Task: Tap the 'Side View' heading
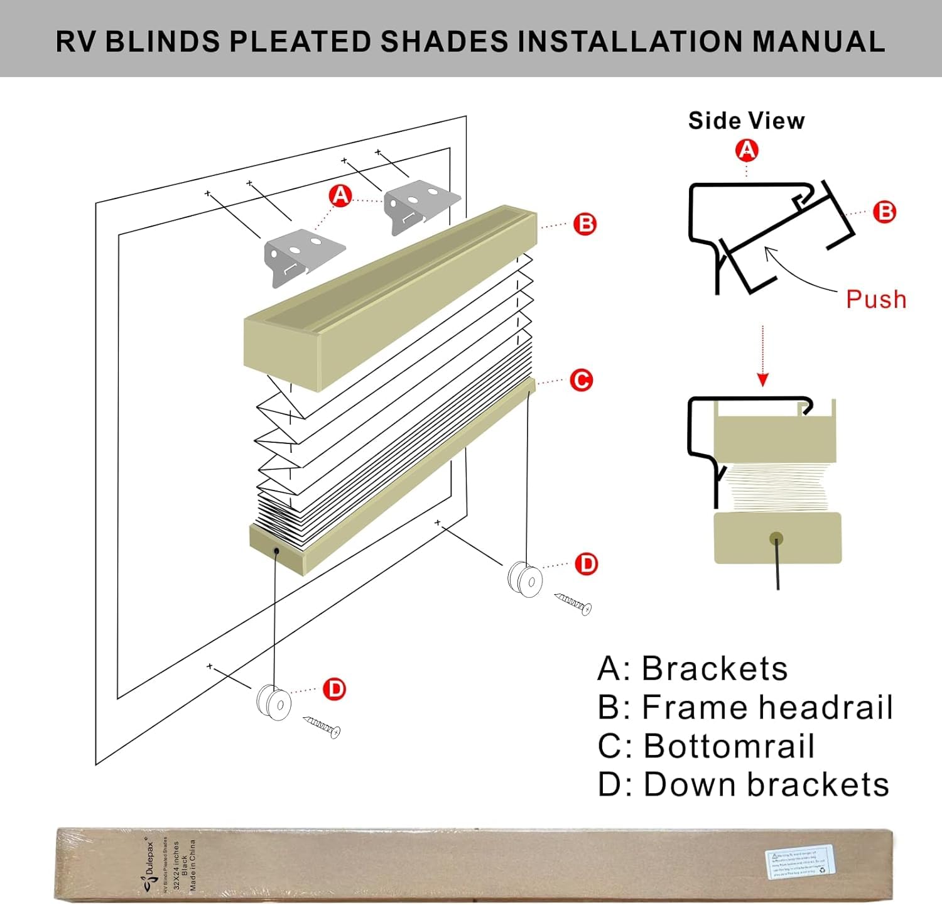click(x=746, y=121)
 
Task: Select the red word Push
click(x=876, y=299)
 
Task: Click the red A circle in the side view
click(x=746, y=150)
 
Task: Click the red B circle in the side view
click(x=885, y=212)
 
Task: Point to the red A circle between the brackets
click(x=340, y=196)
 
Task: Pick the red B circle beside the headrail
click(x=585, y=224)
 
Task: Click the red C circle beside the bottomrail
click(x=581, y=380)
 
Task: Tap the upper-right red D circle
click(x=587, y=564)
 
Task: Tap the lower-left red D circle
click(x=334, y=690)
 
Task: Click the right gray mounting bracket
click(x=420, y=206)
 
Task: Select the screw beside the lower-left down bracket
click(x=322, y=727)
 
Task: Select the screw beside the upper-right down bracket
click(x=573, y=604)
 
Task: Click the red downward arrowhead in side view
click(x=762, y=379)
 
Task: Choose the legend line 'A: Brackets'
click(x=693, y=668)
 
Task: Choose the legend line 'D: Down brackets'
click(x=744, y=784)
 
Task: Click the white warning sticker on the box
click(x=799, y=862)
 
